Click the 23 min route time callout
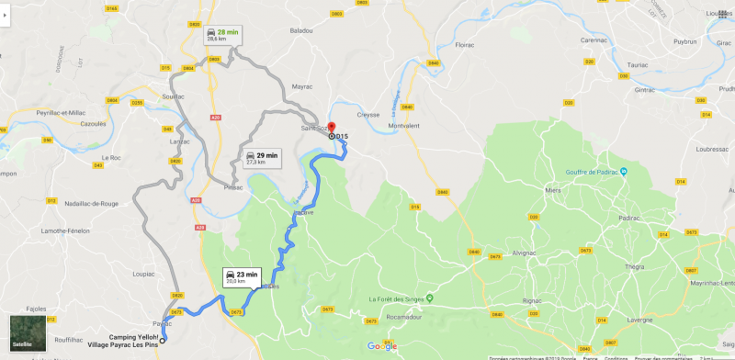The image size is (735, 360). (240, 277)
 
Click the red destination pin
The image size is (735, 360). (332, 128)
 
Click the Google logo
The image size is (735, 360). (381, 345)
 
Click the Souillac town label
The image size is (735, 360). (172, 96)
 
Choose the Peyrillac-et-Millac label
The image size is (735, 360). (41, 112)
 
